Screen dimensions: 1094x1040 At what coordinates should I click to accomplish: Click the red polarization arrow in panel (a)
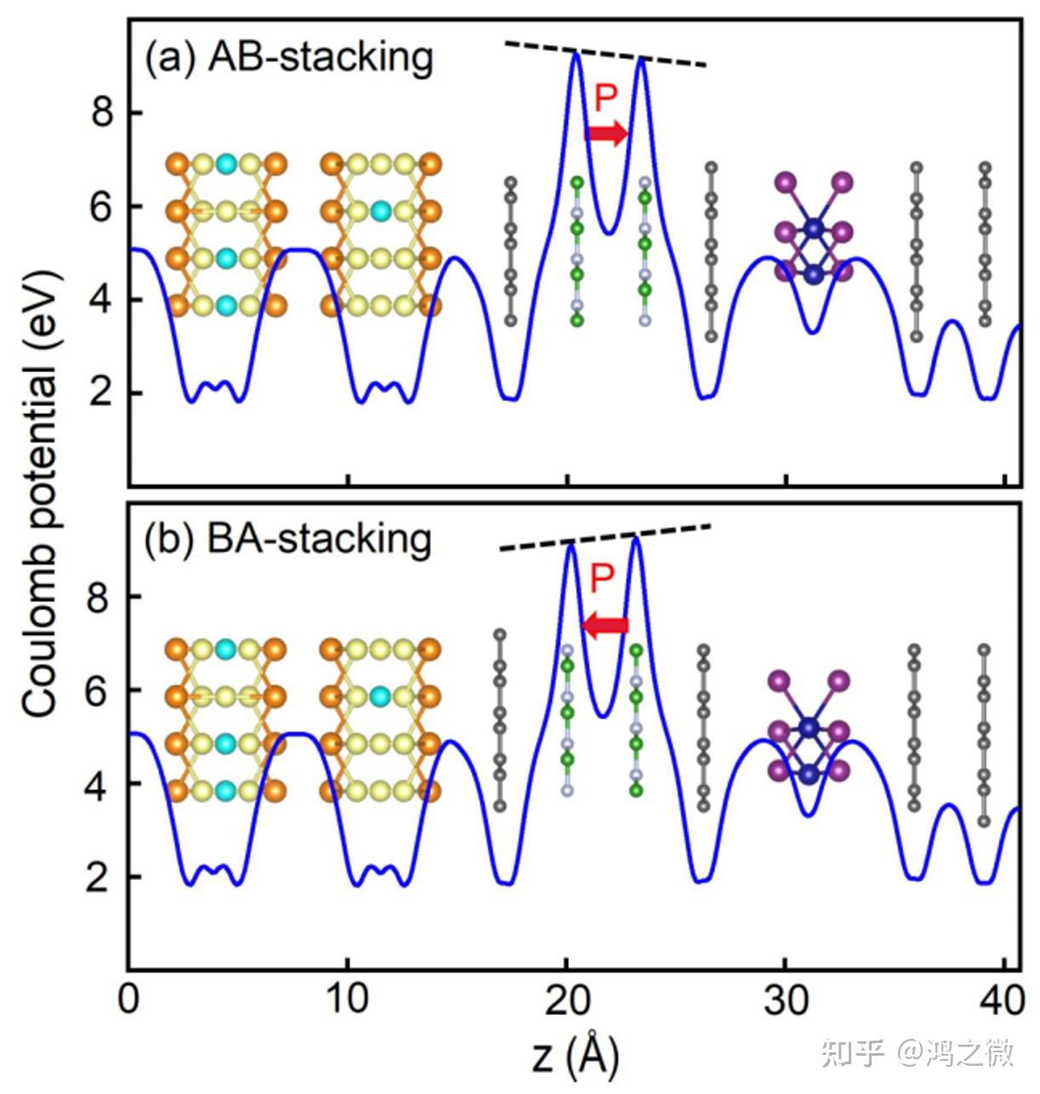click(605, 133)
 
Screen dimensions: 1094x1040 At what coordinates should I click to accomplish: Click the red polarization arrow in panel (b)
click(605, 626)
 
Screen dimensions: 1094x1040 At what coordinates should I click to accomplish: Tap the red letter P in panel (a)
click(605, 98)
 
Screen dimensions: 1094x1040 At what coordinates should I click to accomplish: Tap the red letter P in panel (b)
click(602, 579)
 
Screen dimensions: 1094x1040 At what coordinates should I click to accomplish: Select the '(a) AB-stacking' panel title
click(289, 58)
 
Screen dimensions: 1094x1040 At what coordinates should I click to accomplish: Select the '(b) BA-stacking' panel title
click(288, 541)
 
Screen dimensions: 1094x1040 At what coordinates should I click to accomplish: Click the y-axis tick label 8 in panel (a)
click(103, 112)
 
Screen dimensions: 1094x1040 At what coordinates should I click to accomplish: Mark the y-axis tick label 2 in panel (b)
click(99, 877)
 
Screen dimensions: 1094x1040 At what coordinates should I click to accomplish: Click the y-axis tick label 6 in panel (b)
click(99, 690)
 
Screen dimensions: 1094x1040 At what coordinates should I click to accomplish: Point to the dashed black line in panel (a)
click(605, 54)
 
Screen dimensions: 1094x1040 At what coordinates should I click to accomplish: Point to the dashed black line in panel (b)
click(605, 538)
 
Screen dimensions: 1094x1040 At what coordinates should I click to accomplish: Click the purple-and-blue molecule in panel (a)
click(814, 228)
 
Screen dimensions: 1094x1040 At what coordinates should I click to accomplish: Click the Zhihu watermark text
click(918, 1053)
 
